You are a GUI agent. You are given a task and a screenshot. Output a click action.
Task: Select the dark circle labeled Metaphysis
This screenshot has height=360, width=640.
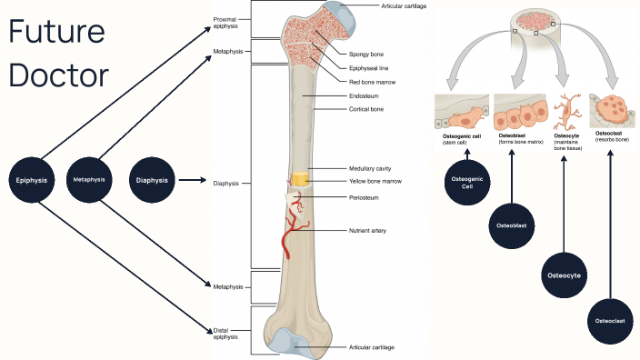[89, 180]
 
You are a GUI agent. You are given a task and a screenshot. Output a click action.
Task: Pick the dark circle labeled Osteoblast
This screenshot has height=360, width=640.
[511, 224]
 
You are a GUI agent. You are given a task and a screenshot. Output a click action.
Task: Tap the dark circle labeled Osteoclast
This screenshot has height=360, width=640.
[610, 321]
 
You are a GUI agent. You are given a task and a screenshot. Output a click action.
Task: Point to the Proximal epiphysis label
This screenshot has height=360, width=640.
[225, 22]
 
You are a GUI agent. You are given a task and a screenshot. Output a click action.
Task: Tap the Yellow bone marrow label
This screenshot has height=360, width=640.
[374, 182]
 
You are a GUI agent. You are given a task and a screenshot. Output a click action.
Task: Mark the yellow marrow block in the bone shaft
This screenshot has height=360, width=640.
[301, 180]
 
